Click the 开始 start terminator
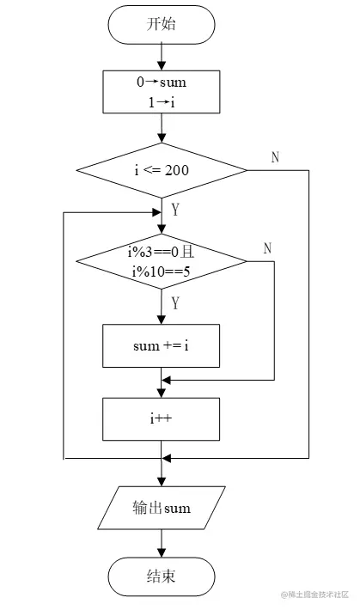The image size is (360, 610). click(162, 25)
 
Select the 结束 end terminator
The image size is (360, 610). click(162, 575)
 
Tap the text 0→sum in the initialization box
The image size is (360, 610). click(162, 83)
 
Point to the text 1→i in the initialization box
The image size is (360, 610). click(162, 102)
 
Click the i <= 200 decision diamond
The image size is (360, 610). click(162, 170)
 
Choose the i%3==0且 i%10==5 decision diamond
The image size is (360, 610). click(162, 260)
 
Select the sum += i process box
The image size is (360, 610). click(162, 345)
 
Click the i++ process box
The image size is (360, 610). click(162, 418)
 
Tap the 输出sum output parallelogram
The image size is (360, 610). click(162, 508)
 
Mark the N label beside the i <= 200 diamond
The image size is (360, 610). click(275, 157)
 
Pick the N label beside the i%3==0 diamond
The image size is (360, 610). click(267, 247)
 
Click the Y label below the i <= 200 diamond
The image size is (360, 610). click(175, 210)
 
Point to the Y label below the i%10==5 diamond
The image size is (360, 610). click(175, 302)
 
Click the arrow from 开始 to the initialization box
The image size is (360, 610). click(162, 57)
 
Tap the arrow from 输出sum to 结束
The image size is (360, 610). click(162, 542)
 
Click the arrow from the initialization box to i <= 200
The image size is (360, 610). click(162, 128)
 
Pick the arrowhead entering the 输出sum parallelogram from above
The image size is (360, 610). click(162, 480)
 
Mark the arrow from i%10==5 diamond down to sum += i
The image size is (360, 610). click(162, 306)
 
